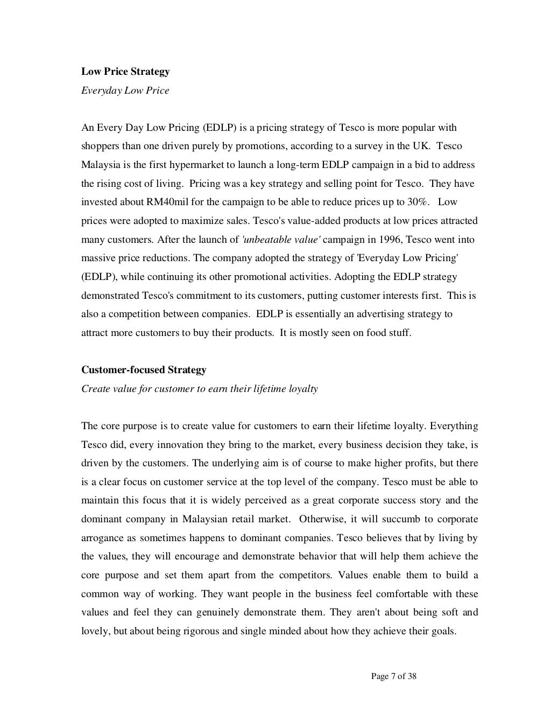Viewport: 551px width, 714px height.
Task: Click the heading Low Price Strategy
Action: pos(125,72)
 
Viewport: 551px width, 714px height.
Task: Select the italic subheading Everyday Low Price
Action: pos(125,90)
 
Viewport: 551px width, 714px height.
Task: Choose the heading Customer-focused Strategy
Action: pos(144,370)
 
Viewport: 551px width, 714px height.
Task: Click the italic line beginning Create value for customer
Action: pos(199,389)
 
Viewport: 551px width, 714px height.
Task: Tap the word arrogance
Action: pos(102,538)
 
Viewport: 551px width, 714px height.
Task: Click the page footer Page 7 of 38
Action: pos(394,677)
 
